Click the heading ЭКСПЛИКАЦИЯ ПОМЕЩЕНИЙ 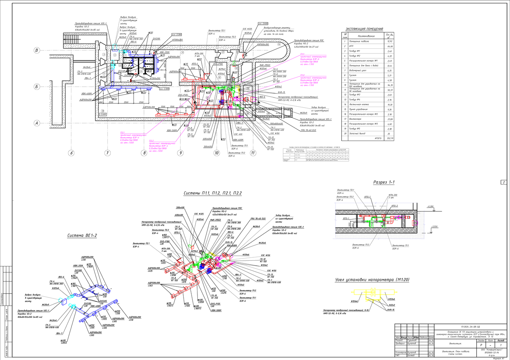pyautogui.click(x=364, y=29)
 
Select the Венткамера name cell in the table pyautogui.click(x=355, y=119)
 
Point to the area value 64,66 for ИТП pyautogui.click(x=390, y=46)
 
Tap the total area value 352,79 pyautogui.click(x=390, y=138)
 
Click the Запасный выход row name pyautogui.click(x=357, y=134)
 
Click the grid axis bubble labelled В pyautogui.click(x=36, y=50)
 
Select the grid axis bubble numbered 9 pyautogui.click(x=180, y=153)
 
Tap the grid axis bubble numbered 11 pyautogui.click(x=253, y=153)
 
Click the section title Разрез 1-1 pyautogui.click(x=384, y=182)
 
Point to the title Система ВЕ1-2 pyautogui.click(x=82, y=236)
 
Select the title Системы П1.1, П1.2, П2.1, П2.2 pyautogui.click(x=212, y=193)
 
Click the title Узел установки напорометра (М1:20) pyautogui.click(x=372, y=280)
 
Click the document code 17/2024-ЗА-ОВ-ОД pyautogui.click(x=470, y=327)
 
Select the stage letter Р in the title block pyautogui.click(x=481, y=345)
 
